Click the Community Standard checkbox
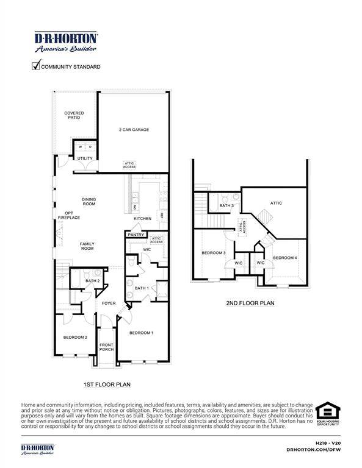tap(35, 66)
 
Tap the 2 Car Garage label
tap(134, 130)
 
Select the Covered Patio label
tap(74, 115)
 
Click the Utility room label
tap(85, 158)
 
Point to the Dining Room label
tap(89, 201)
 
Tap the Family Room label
tap(87, 246)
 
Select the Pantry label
tap(135, 234)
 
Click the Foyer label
tap(109, 303)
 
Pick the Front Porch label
tap(107, 347)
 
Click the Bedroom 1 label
tap(141, 333)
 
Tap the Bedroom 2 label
tap(76, 337)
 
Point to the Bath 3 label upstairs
tap(226, 206)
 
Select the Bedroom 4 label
tap(285, 258)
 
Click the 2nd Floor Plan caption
tap(250, 302)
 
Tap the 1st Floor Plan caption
tap(107, 385)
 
